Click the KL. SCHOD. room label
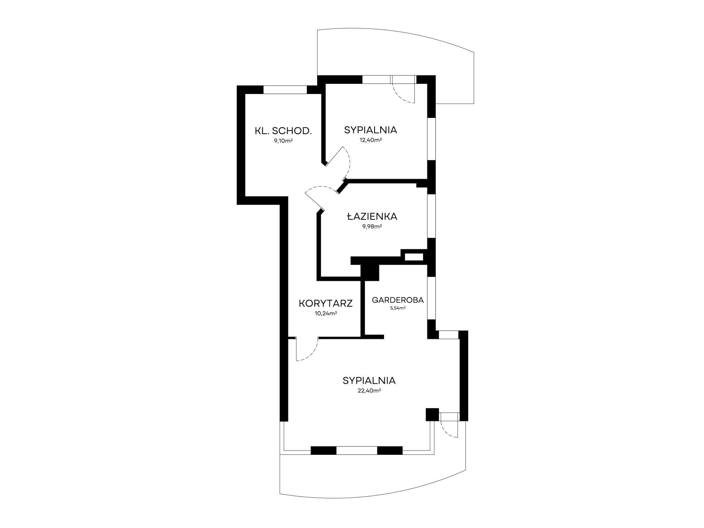point(283,131)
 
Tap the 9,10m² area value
point(283,141)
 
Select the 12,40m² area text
point(370,140)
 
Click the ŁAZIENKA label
point(372,216)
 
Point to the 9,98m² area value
point(372,226)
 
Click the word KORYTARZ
point(326,303)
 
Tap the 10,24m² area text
point(326,313)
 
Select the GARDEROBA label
point(398,300)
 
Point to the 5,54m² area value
point(398,308)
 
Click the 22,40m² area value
point(369,390)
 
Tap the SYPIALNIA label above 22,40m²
point(369,381)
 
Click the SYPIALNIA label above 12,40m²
point(371,130)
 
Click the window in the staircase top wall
point(285,89)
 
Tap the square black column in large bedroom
point(432,414)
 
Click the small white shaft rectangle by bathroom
point(414,257)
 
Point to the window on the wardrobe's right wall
point(432,298)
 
